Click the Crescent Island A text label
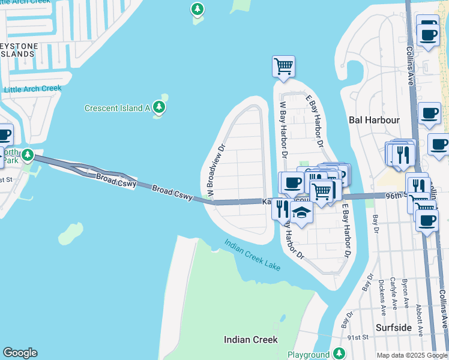point(117,108)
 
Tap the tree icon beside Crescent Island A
point(158,107)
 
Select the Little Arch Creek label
point(33,89)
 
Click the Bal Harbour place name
point(374,120)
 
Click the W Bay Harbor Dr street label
point(283,129)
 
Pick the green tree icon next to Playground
point(340,353)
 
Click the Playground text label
point(308,355)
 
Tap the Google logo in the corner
point(20,353)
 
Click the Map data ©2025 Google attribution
point(412,355)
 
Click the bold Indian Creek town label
point(250,340)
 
